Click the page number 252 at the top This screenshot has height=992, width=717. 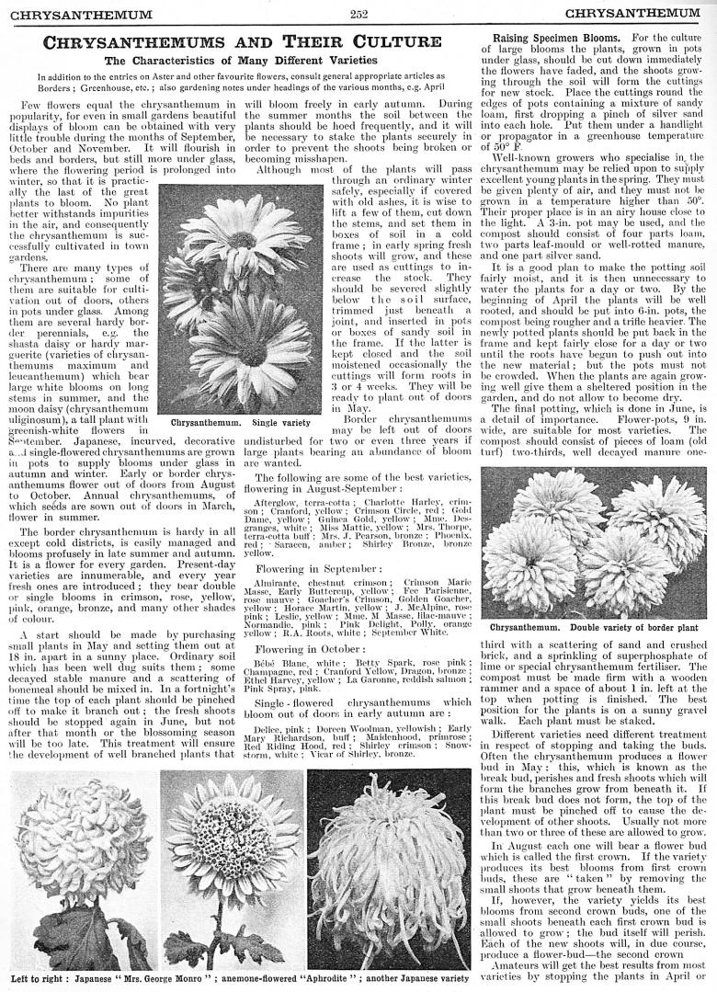[358, 13]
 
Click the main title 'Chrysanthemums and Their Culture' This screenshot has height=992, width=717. [243, 42]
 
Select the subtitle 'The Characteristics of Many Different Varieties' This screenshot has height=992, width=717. [243, 61]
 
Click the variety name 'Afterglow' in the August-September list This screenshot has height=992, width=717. [275, 503]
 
